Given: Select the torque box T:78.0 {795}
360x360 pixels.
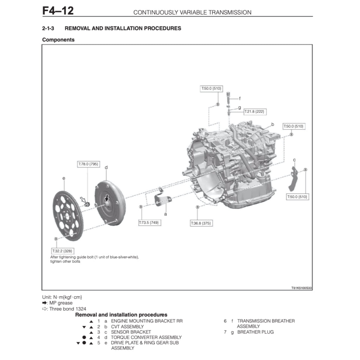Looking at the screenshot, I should click(88, 164).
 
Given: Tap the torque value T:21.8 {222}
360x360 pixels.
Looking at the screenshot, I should click(255, 111).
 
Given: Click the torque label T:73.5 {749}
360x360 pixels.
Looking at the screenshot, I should click(150, 223).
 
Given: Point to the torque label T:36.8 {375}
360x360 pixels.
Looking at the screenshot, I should click(201, 223).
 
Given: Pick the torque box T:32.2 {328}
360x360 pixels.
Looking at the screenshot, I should click(62, 251).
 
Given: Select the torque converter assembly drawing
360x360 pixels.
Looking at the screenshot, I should click(109, 203).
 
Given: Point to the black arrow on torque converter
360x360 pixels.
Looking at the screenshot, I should click(107, 199).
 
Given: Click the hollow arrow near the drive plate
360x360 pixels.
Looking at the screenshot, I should click(84, 200).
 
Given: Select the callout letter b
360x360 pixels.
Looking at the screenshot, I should click(272, 124).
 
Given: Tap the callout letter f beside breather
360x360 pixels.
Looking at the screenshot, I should click(240, 98).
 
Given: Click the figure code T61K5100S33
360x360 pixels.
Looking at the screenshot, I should click(301, 288).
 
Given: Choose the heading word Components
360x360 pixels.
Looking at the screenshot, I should click(58, 40).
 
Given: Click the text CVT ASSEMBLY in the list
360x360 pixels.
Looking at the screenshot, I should click(127, 327).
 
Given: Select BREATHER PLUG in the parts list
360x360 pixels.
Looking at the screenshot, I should click(255, 332).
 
